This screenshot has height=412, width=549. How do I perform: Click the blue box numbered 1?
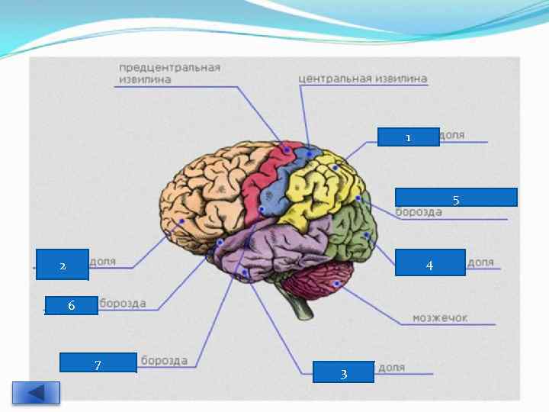point(408,137)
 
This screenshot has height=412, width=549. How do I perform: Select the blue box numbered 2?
point(63,265)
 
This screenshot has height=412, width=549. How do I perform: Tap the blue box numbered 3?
point(343,372)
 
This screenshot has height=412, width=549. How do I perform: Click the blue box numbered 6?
point(71,305)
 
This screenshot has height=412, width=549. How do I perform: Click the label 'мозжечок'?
point(440,317)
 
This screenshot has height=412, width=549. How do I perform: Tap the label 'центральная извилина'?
point(363,79)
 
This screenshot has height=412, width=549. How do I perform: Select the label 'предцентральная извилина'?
point(169,73)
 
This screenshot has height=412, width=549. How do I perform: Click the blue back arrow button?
point(36,392)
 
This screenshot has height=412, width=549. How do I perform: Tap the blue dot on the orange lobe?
point(182,222)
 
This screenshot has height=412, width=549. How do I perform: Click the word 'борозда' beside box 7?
point(164,360)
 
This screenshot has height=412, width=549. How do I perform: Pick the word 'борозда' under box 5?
point(419,212)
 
